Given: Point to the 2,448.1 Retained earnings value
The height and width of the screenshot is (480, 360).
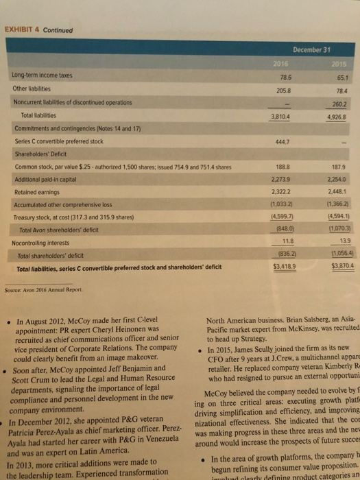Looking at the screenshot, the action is [x=337, y=192].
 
